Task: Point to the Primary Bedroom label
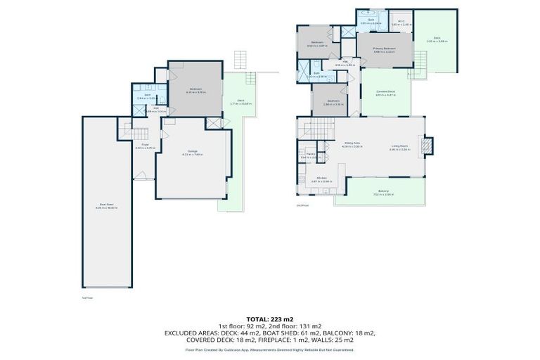pyautogui.click(x=385, y=49)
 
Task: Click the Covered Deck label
pyautogui.click(x=385, y=92)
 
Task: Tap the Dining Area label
pyautogui.click(x=352, y=143)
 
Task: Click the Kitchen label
pyautogui.click(x=321, y=178)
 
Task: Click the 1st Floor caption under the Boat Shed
pyautogui.click(x=88, y=297)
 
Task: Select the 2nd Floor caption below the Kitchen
pyautogui.click(x=303, y=205)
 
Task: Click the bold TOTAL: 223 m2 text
pyautogui.click(x=270, y=319)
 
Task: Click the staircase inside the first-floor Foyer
pyautogui.click(x=140, y=134)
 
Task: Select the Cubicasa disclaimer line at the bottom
pyautogui.click(x=270, y=349)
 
